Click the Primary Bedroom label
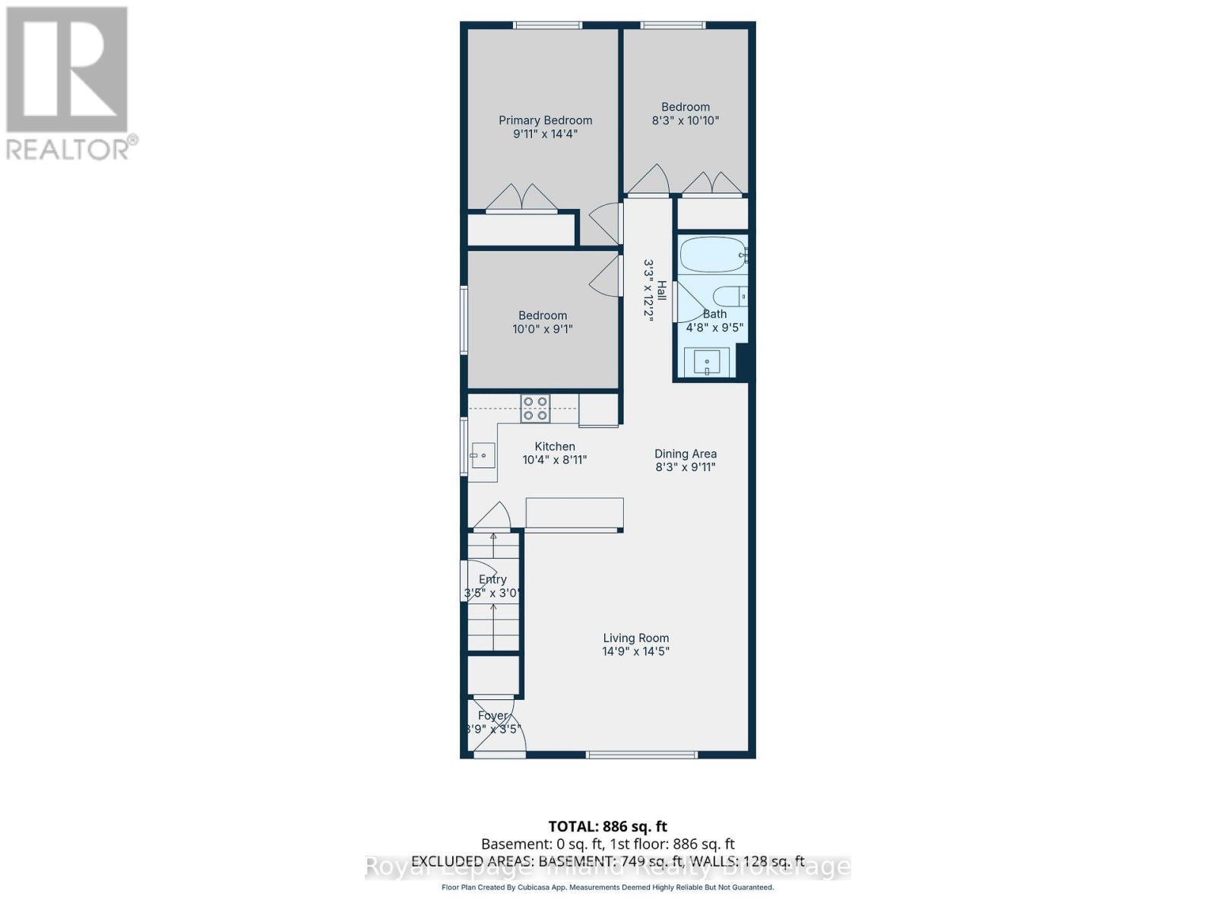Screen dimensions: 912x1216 [545, 120]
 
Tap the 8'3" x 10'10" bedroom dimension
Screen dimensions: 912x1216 [685, 120]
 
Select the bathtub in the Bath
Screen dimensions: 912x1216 [711, 255]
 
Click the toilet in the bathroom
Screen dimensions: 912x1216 [730, 296]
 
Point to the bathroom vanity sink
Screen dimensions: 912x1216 [707, 362]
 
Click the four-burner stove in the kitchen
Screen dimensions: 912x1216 [535, 409]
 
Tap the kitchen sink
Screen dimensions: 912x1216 [483, 455]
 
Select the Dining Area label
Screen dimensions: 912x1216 [686, 454]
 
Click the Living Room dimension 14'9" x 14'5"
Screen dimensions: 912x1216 [635, 651]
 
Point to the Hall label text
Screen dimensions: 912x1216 [662, 290]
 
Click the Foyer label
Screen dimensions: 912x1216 [492, 715]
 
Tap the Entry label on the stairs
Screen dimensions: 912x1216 [492, 579]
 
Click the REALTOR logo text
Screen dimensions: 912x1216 [72, 148]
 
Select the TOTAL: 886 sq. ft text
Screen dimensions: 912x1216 [607, 826]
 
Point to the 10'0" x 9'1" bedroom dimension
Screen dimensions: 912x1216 [543, 329]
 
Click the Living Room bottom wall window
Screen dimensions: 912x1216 [641, 755]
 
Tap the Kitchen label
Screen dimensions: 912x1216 [555, 446]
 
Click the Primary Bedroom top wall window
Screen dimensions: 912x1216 [547, 25]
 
